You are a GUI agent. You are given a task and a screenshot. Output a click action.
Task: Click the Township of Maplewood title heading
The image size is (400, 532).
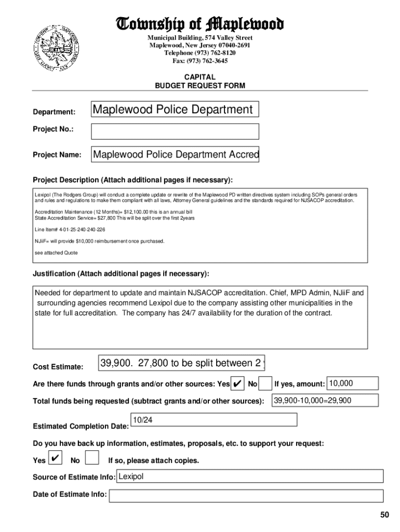pos(200,24)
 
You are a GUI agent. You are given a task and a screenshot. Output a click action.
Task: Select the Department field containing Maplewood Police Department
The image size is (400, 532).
pos(175,110)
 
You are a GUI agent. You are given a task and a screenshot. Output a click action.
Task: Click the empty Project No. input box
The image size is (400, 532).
pos(175,131)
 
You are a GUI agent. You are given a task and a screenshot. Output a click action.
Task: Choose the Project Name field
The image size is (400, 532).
pos(175,155)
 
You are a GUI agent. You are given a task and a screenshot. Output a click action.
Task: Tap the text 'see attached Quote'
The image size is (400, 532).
pos(56,252)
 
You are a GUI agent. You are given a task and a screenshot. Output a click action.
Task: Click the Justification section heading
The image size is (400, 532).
pos(121,274)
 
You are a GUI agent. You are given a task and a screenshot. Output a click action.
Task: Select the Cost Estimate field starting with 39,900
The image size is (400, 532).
pos(182,363)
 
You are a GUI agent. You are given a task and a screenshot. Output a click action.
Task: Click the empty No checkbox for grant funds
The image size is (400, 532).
pos(265,384)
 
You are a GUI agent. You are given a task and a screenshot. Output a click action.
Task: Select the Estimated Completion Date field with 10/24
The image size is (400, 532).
pos(213,420)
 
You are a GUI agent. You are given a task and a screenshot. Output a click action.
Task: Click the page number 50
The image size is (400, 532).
pos(384,515)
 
